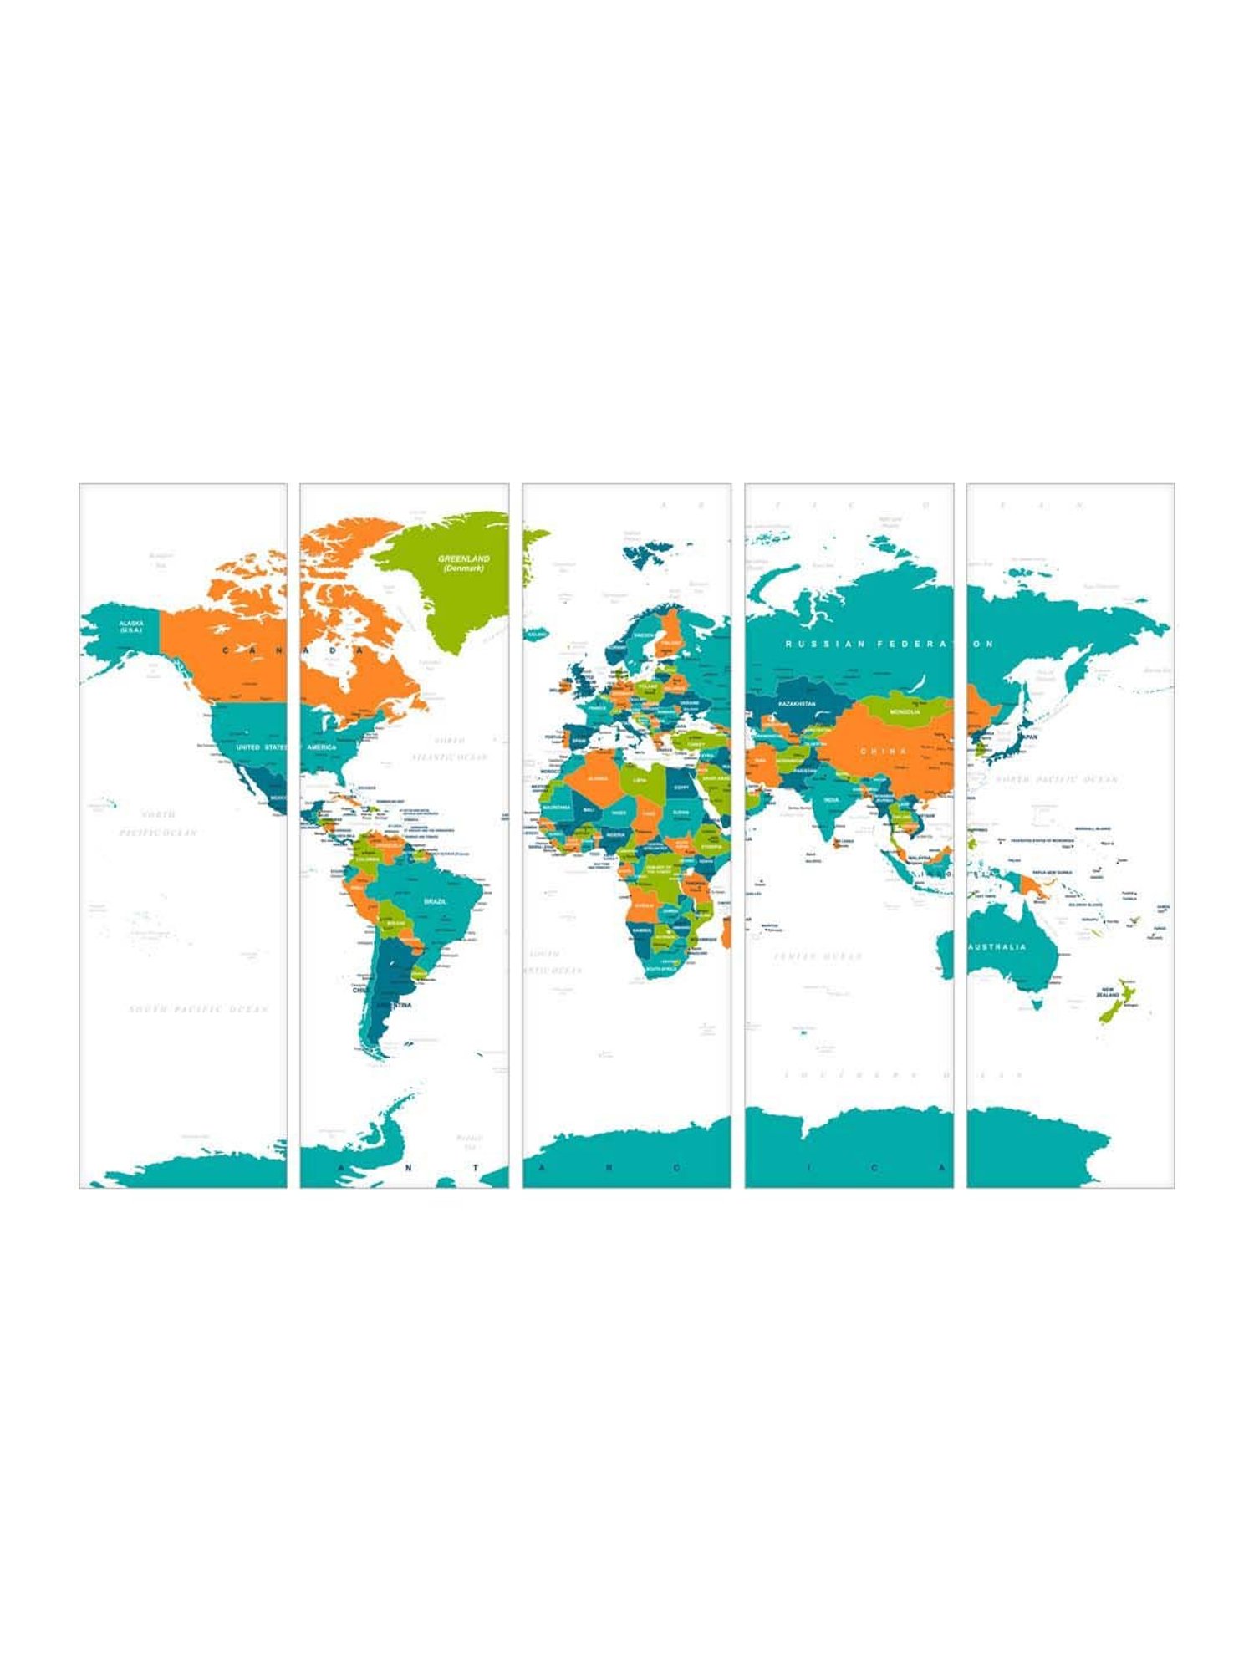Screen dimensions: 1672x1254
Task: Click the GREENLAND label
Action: [x=464, y=558]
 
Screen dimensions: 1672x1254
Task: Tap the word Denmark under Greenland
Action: [x=464, y=568]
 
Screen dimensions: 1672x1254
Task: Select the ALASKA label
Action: [x=131, y=624]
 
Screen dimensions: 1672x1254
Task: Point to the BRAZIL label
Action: [x=435, y=901]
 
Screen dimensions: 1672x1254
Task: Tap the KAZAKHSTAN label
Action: [x=796, y=705]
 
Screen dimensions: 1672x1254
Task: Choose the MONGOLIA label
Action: [x=905, y=711]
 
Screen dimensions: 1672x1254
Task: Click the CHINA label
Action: [x=884, y=751]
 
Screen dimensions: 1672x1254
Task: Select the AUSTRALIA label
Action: [x=997, y=947]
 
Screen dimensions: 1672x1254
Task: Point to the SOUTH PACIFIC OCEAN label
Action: [x=199, y=1009]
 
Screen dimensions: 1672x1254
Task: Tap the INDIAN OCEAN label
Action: [x=818, y=956]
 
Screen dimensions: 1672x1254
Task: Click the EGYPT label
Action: [x=681, y=787]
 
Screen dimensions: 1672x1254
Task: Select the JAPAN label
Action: [x=1027, y=737]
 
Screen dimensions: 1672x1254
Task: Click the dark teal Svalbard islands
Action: [x=647, y=550]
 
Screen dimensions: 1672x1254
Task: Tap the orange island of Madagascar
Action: [x=726, y=931]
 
